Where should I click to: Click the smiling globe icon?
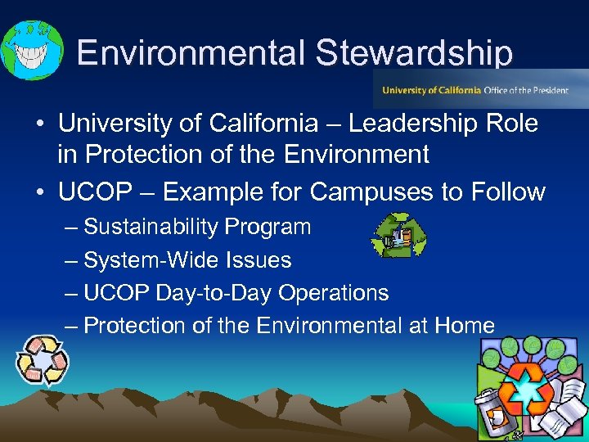tap(30, 50)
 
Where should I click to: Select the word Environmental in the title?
tap(191, 53)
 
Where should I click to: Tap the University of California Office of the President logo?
tap(480, 89)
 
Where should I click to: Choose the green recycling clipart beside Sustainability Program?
tap(398, 237)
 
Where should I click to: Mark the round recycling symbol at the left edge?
tap(43, 360)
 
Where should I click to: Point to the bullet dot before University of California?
tap(39, 124)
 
